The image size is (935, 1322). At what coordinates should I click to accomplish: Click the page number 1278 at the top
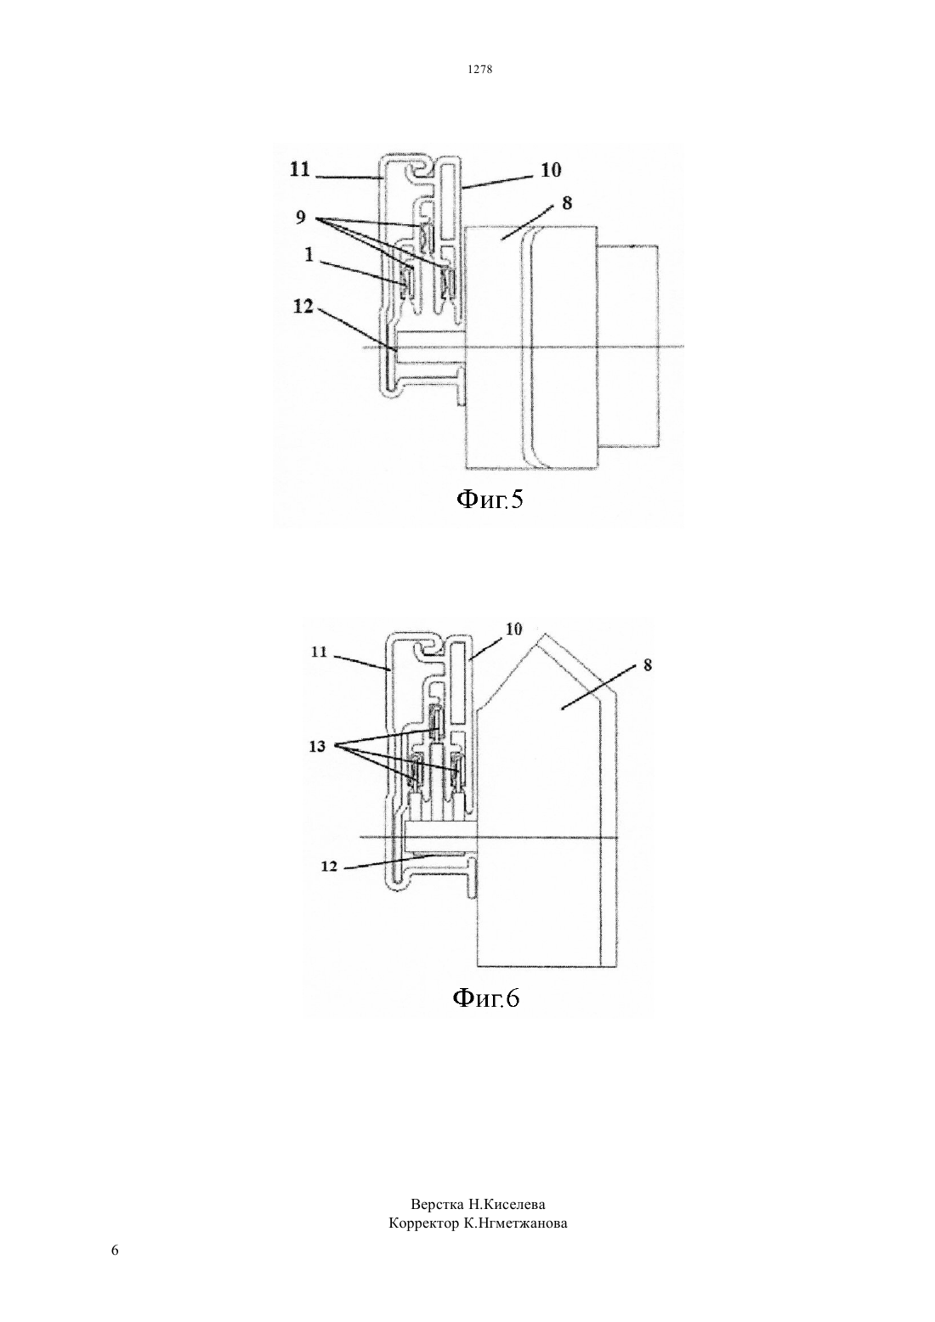[x=479, y=70]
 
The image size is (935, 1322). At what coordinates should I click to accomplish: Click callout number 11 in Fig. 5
[x=300, y=169]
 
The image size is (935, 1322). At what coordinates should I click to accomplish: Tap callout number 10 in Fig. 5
[x=551, y=170]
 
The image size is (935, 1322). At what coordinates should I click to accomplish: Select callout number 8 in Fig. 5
[x=567, y=203]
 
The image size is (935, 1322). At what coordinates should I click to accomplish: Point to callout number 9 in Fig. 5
[x=301, y=218]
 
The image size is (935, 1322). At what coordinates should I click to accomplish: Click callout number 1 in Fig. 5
[x=309, y=254]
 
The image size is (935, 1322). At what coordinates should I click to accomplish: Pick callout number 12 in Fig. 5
[x=303, y=307]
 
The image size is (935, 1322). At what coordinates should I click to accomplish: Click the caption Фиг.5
[x=490, y=500]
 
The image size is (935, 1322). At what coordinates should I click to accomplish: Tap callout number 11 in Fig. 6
[x=319, y=653]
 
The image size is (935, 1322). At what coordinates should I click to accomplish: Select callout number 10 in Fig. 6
[x=514, y=629]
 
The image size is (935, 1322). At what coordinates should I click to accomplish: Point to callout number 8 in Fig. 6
[x=648, y=665]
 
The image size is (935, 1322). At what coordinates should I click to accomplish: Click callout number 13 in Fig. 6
[x=317, y=747]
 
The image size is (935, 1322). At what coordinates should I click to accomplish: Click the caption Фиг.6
[x=486, y=998]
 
